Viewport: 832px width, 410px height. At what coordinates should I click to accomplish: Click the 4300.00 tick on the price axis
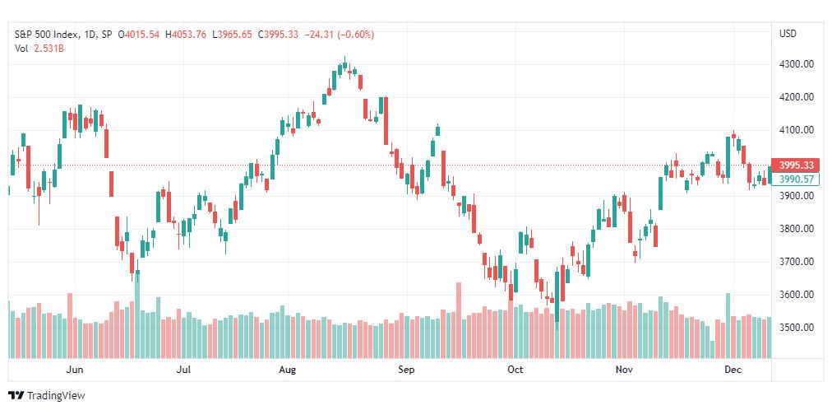[797, 64]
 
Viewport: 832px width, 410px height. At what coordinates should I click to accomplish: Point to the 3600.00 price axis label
[797, 295]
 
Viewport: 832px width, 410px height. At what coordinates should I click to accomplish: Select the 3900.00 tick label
[797, 196]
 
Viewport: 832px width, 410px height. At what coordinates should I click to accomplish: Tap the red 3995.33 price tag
[796, 165]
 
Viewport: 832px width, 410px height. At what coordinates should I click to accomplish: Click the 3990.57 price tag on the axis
[796, 179]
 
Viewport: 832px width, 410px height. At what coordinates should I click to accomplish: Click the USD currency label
[788, 34]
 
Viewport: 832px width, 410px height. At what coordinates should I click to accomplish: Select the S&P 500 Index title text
[47, 35]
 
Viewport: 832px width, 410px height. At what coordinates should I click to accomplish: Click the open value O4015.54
[138, 35]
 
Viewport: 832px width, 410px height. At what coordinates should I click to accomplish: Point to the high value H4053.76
[186, 35]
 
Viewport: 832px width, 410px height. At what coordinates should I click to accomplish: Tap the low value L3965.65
[232, 35]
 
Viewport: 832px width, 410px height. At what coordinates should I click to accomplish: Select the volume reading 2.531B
[49, 49]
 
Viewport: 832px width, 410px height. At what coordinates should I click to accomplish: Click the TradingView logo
[47, 396]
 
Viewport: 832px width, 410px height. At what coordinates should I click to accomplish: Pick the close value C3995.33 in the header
[279, 35]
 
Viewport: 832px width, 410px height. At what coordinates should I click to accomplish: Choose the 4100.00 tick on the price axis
[797, 130]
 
